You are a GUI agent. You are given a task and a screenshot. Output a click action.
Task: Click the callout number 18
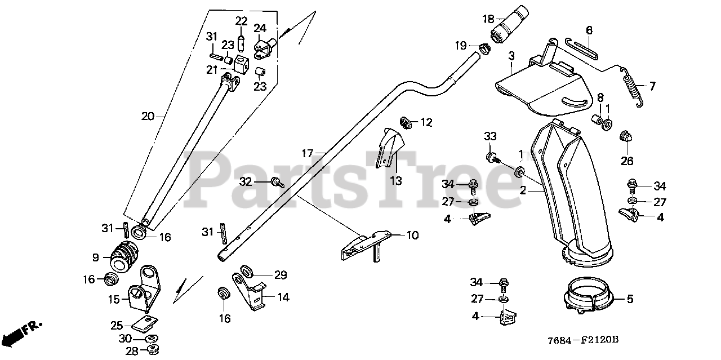pos(488,19)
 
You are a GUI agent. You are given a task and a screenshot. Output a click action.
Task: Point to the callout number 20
pos(148,117)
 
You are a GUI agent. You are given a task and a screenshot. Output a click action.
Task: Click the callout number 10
pos(413,235)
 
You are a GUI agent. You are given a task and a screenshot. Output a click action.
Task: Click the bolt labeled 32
pos(277,182)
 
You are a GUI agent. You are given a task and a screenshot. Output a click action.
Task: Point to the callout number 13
pos(396,181)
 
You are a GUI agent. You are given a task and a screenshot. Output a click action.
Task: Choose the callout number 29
pos(281,275)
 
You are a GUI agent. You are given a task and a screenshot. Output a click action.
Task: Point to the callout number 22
pos(241,21)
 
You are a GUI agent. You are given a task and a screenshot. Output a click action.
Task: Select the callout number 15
pos(114,300)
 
